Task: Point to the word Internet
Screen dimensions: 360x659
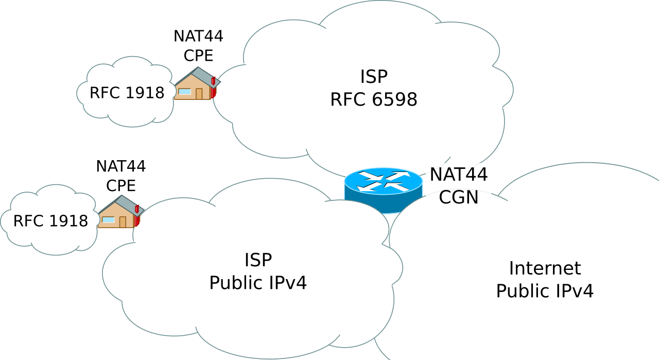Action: click(x=545, y=268)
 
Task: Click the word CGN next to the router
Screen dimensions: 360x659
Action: click(x=458, y=197)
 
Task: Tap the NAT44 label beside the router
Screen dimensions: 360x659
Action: click(x=458, y=175)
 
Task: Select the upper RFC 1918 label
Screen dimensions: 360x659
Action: click(x=127, y=93)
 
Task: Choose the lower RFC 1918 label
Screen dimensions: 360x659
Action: click(x=50, y=221)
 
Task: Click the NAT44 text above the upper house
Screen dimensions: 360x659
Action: click(x=198, y=37)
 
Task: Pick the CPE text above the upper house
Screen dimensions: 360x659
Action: click(x=198, y=56)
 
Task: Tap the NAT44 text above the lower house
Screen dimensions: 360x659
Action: click(x=121, y=166)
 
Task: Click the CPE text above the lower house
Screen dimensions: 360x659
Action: click(x=121, y=185)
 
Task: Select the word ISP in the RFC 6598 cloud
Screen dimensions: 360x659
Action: click(x=374, y=77)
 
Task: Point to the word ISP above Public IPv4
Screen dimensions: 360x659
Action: click(x=258, y=260)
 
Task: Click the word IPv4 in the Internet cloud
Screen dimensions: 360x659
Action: click(x=574, y=292)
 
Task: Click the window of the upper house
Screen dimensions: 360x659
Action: click(x=184, y=92)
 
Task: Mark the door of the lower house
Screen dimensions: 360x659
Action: click(x=123, y=222)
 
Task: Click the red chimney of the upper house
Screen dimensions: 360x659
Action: click(x=213, y=81)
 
